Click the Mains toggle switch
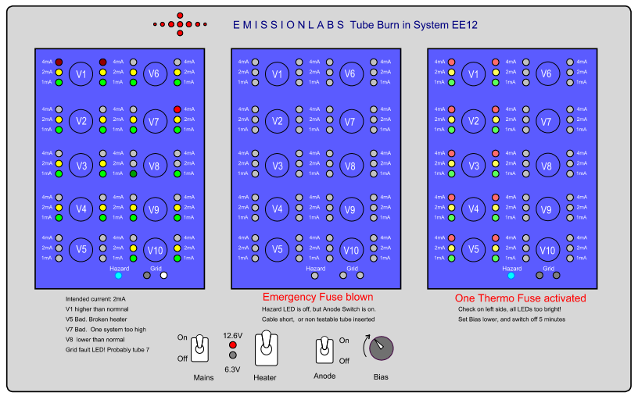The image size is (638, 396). point(201,346)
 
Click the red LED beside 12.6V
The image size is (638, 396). point(232,344)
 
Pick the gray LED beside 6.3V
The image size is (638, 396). point(232,355)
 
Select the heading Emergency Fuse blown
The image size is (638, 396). point(317,297)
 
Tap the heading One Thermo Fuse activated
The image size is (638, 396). point(520,298)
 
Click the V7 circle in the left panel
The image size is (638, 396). point(154,122)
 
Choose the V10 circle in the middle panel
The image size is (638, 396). point(351,250)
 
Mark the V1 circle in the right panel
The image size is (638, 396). point(473,74)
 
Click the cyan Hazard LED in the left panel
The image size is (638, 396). point(118,275)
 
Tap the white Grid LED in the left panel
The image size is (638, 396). point(163,275)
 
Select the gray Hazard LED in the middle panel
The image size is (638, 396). point(315,275)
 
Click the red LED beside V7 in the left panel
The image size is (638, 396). point(177,109)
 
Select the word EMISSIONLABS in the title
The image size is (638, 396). point(289,25)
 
